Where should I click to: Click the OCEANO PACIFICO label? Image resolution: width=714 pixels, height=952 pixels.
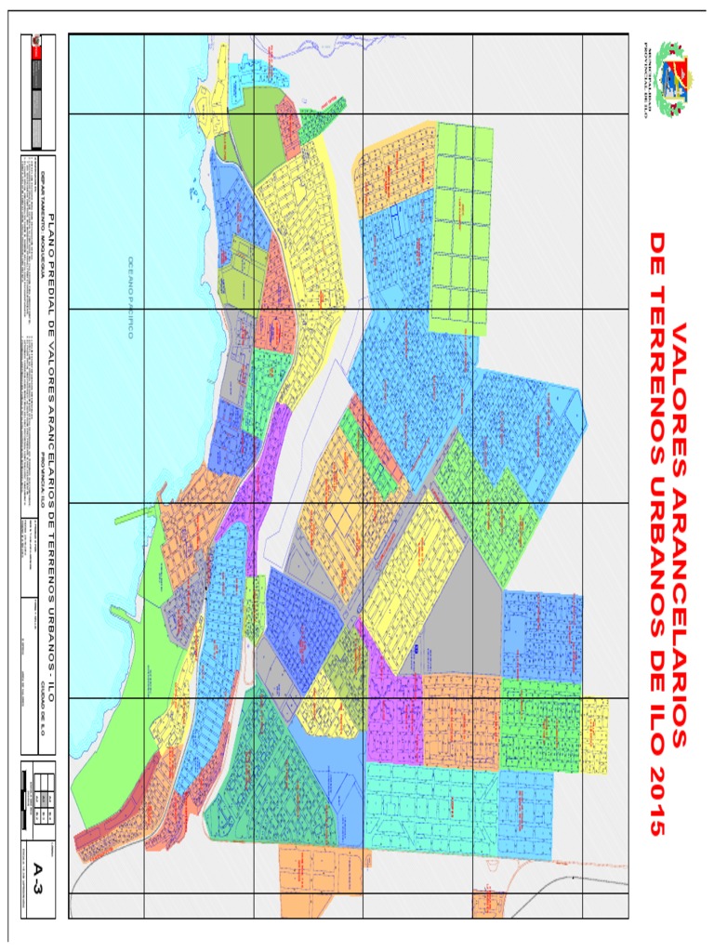131,298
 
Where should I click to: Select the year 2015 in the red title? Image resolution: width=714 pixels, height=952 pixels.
656,800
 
